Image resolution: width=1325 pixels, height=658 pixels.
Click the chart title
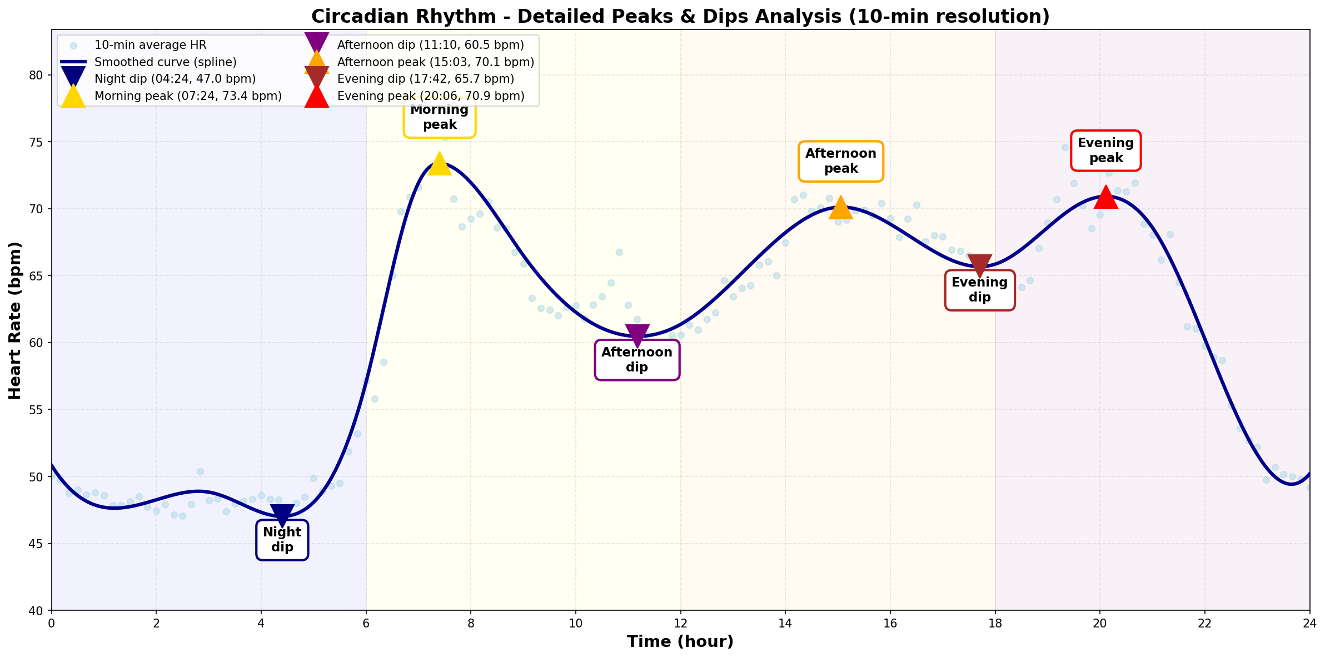point(680,17)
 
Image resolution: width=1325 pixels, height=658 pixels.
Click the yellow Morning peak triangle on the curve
point(440,163)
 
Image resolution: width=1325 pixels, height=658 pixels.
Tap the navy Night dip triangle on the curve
point(282,515)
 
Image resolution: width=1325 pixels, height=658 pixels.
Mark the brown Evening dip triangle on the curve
point(979,265)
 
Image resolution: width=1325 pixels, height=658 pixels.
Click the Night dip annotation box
point(282,540)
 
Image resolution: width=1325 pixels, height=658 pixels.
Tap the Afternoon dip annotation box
point(637,360)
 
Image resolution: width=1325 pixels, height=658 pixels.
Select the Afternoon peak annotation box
point(841,161)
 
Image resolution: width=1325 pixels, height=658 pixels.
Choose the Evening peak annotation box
point(1105,150)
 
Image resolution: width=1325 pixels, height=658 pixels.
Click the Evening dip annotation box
point(980,290)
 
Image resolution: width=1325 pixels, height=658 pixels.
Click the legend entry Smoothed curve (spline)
point(166,62)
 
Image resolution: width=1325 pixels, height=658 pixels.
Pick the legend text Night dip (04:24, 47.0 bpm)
point(175,79)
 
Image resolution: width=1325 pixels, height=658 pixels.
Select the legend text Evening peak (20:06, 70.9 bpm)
point(431,96)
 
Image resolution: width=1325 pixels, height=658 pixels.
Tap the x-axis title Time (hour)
point(680,642)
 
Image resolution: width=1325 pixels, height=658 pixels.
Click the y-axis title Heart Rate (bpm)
point(15,320)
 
